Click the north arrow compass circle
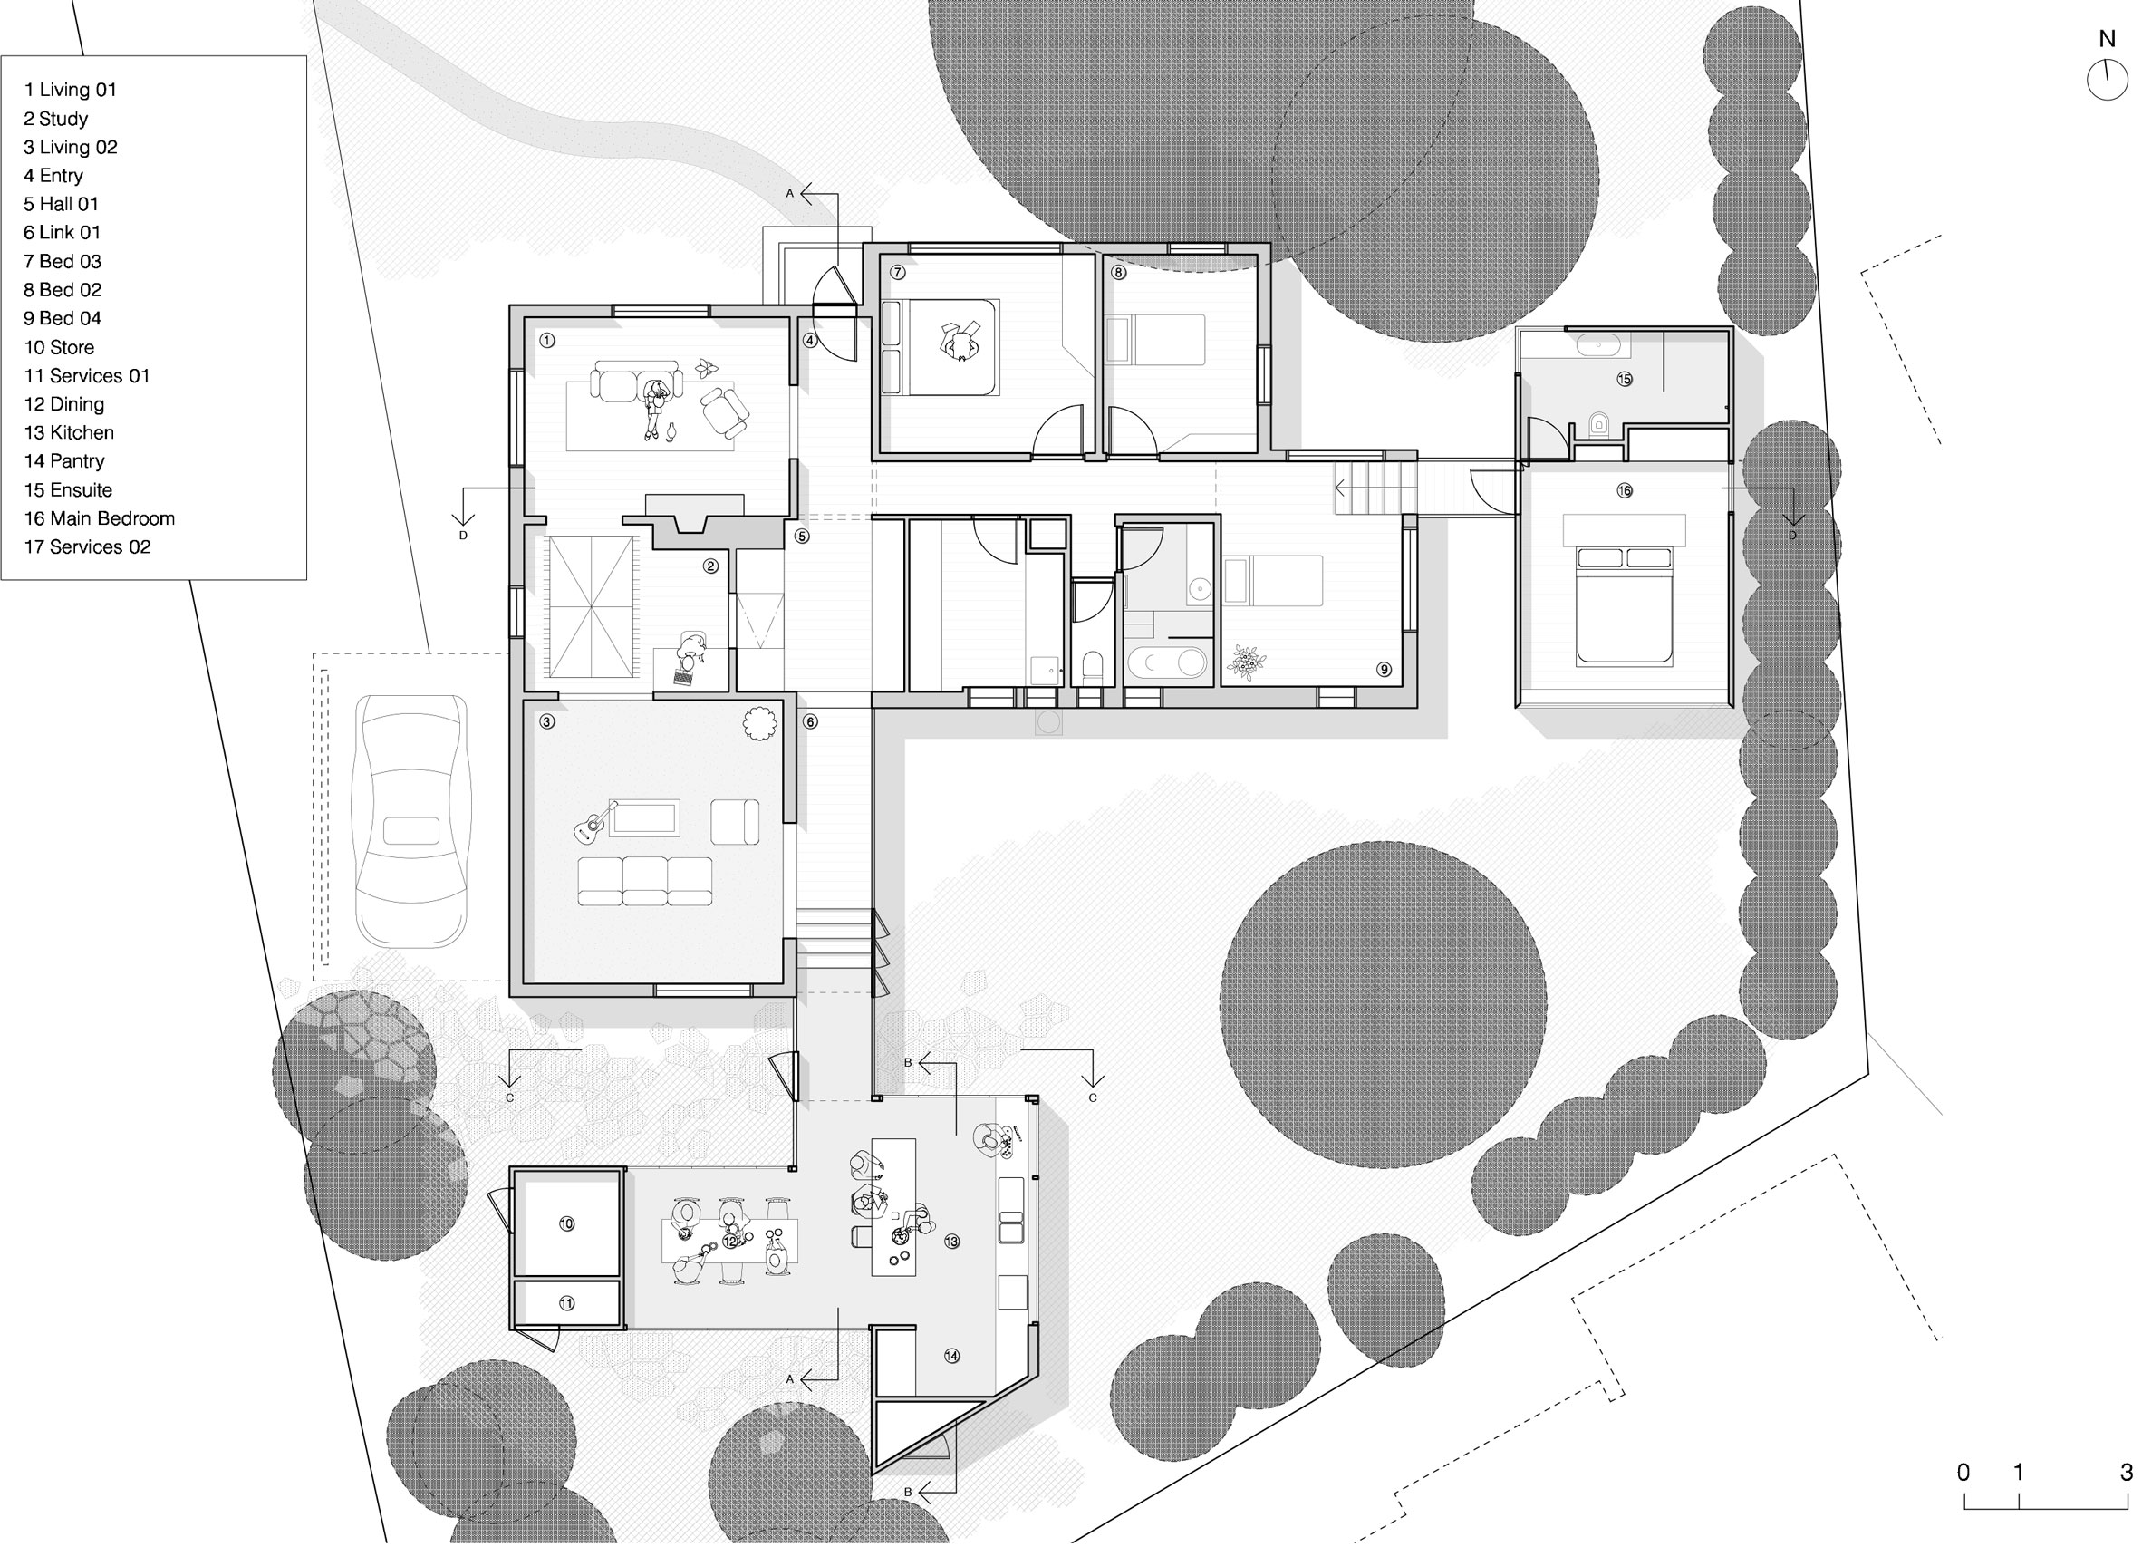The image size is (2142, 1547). (x=2106, y=80)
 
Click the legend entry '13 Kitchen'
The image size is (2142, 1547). (x=69, y=432)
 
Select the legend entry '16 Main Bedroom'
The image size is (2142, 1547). (x=99, y=518)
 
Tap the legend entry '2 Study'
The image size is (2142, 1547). (x=55, y=119)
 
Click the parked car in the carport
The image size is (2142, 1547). (x=410, y=821)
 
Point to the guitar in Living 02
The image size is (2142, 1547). (x=594, y=824)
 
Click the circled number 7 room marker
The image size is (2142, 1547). (x=897, y=273)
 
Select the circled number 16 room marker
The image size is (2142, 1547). (x=1624, y=490)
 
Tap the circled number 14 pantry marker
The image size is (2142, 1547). (x=951, y=1355)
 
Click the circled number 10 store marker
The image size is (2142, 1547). (x=565, y=1223)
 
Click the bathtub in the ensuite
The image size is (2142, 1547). (x=1597, y=344)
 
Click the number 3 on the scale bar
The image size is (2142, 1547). (x=2126, y=1473)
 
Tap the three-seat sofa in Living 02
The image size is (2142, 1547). (x=645, y=881)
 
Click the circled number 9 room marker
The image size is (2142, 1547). (x=1384, y=670)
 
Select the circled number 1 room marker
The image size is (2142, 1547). (x=547, y=340)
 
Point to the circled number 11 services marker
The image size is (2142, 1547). (x=565, y=1303)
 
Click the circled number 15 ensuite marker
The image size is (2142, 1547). (x=1624, y=379)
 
